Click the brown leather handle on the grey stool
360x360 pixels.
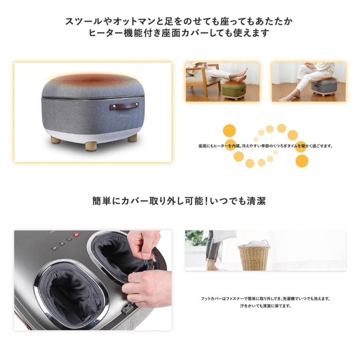[x=125, y=106]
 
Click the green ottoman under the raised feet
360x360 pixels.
[x=234, y=89]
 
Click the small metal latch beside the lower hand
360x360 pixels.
[x=128, y=308]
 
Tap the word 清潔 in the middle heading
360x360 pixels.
[x=256, y=200]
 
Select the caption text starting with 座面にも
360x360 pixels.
[x=266, y=146]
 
